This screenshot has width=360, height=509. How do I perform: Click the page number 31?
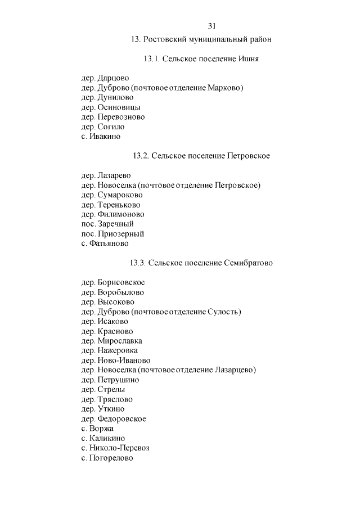[212, 26]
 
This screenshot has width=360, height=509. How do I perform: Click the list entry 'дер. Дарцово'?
[105, 78]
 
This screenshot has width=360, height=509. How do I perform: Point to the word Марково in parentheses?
[223, 88]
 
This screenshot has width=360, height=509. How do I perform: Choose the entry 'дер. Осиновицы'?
[111, 107]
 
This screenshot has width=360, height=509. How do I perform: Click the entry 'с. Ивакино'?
[101, 136]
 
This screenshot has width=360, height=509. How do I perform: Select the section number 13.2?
[141, 156]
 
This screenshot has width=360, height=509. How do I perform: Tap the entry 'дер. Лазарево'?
[106, 175]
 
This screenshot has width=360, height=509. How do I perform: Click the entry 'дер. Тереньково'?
[111, 205]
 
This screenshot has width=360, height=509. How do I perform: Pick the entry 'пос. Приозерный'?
[112, 233]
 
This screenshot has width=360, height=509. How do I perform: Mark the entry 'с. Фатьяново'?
[105, 244]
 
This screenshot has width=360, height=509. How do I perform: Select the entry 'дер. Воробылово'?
[112, 292]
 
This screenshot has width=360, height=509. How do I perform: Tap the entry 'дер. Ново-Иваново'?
[116, 360]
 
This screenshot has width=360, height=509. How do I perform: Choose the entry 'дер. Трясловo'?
[107, 399]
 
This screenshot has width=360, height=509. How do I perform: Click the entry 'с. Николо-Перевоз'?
[115, 448]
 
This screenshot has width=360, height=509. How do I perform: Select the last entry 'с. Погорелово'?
[107, 458]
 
